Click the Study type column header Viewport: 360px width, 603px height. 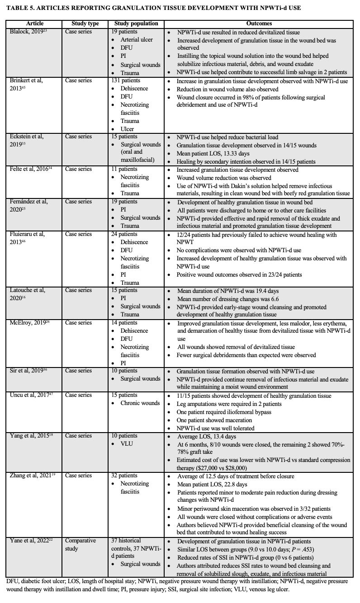[85, 24]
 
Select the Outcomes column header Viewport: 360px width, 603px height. [259, 24]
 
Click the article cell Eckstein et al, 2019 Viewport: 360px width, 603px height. [28, 140]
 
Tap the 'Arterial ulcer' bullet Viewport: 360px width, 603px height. [137, 40]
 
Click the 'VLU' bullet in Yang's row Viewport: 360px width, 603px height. [127, 444]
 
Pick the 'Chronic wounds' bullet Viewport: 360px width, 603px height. [140, 403]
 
